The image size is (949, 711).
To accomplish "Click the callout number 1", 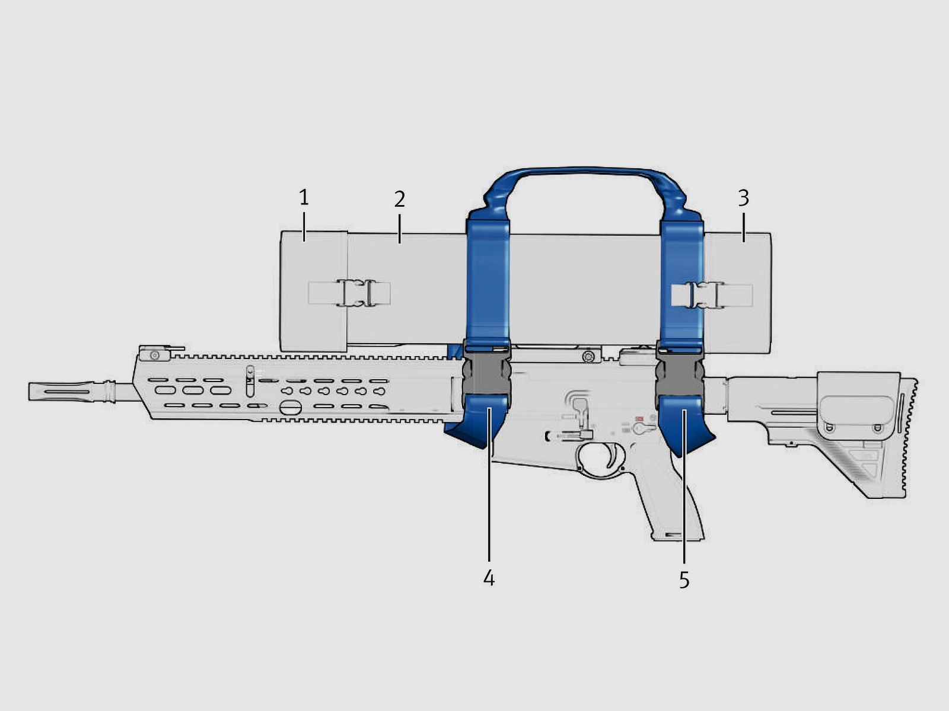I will pyautogui.click(x=304, y=197).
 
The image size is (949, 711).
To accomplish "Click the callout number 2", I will pyautogui.click(x=400, y=199).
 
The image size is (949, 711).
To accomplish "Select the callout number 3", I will pyautogui.click(x=743, y=197).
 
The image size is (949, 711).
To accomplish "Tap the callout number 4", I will pyautogui.click(x=489, y=578).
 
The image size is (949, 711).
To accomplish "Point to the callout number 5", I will pyautogui.click(x=684, y=580).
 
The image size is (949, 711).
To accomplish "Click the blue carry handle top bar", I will pyautogui.click(x=584, y=172).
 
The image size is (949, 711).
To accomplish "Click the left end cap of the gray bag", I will pyautogui.click(x=313, y=290).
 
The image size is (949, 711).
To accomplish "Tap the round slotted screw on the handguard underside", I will pyautogui.click(x=291, y=408).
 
